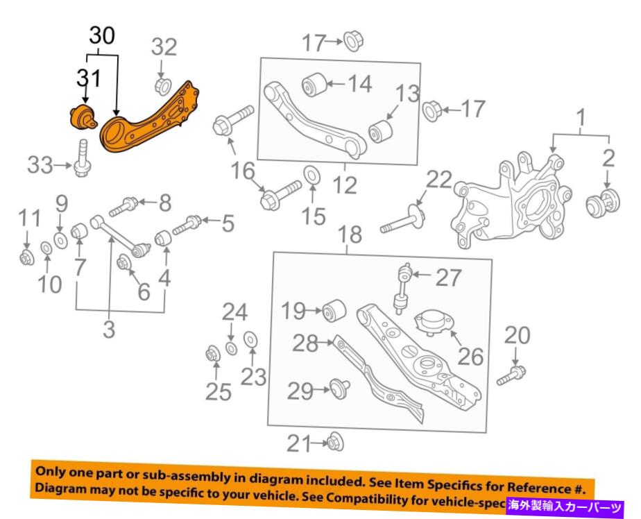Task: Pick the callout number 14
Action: [x=360, y=85]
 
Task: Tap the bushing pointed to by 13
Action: [x=381, y=130]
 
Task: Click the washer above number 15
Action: [x=311, y=174]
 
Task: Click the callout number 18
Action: [x=352, y=235]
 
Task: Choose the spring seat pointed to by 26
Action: [x=428, y=324]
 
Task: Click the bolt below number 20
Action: [x=512, y=377]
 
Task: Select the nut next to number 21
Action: [x=336, y=441]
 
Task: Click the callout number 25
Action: [x=217, y=392]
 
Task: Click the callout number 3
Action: [x=108, y=330]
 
